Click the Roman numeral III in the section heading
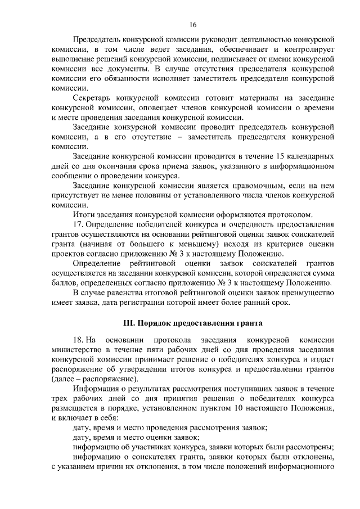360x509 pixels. point(128,323)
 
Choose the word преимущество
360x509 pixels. point(308,292)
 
